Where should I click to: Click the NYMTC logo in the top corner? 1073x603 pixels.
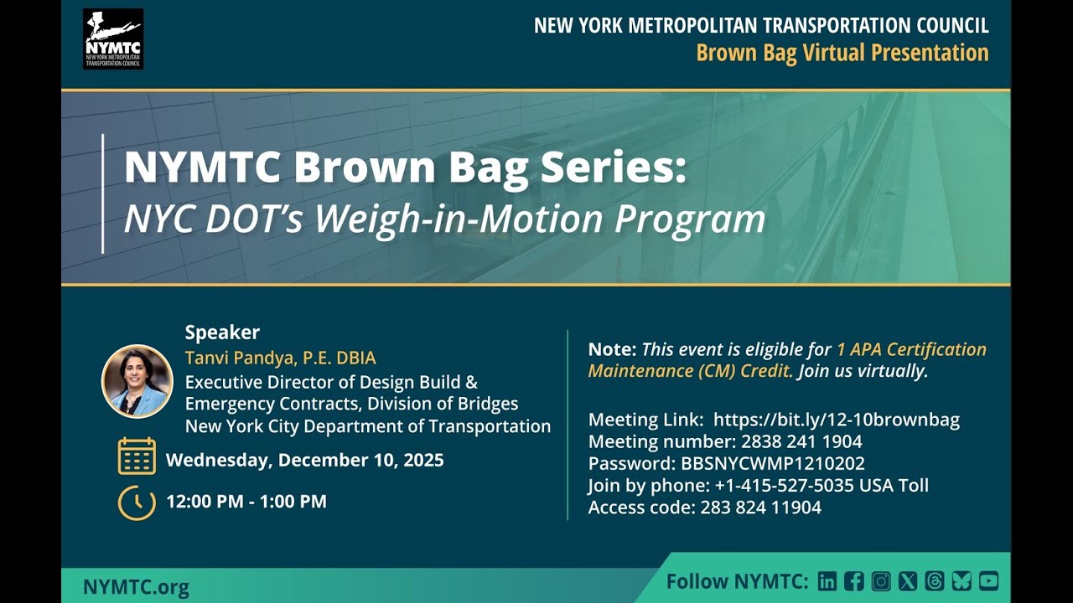click(113, 39)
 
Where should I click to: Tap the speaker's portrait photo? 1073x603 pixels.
click(137, 381)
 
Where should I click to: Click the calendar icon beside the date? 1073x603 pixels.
click(137, 456)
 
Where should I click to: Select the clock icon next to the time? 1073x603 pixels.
click(137, 502)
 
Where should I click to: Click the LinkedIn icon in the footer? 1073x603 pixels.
click(827, 581)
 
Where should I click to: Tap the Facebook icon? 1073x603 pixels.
click(854, 581)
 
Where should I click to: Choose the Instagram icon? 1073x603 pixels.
click(881, 581)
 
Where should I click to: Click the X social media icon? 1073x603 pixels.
click(908, 581)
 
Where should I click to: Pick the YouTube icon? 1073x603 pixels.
click(988, 581)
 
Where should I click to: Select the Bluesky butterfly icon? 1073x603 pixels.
click(962, 581)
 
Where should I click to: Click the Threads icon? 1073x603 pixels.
click(935, 581)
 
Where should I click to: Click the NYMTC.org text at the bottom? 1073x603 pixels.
click(136, 587)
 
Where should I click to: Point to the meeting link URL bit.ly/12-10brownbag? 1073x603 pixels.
click(836, 420)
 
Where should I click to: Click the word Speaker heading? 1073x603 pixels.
click(222, 332)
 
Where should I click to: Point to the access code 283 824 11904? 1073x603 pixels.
click(760, 507)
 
